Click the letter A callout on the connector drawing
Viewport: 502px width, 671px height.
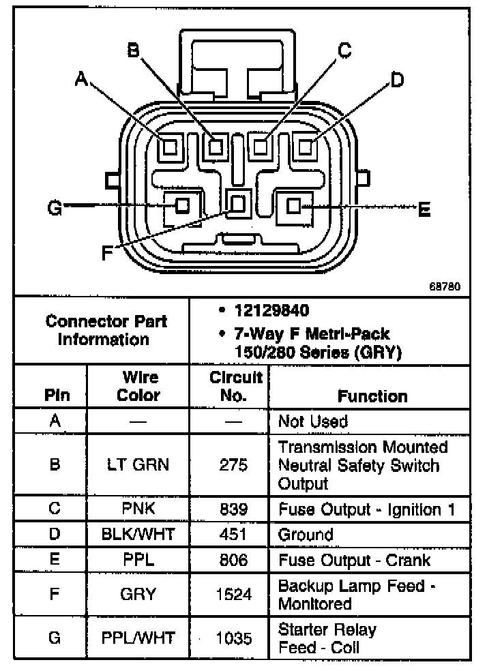point(81,80)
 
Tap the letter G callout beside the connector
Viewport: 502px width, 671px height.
point(55,207)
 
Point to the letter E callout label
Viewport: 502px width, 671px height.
point(424,210)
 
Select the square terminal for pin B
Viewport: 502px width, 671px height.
point(216,147)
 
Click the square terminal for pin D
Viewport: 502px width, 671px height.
point(305,147)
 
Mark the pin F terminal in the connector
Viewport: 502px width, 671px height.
point(237,203)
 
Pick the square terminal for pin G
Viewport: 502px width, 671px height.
point(182,205)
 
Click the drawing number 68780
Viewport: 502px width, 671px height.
point(445,286)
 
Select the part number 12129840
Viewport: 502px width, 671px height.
point(271,311)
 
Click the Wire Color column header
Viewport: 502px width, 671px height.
point(140,386)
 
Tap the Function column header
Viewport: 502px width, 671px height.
point(372,396)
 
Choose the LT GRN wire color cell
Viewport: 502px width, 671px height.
point(138,466)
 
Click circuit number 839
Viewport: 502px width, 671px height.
point(233,509)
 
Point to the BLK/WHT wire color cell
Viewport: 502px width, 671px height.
point(138,535)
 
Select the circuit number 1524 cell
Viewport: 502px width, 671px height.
point(233,595)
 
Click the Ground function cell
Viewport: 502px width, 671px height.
point(306,535)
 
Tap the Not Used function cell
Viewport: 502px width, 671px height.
point(312,421)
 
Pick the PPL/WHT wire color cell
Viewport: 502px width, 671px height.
point(138,638)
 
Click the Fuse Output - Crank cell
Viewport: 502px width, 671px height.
point(354,561)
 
